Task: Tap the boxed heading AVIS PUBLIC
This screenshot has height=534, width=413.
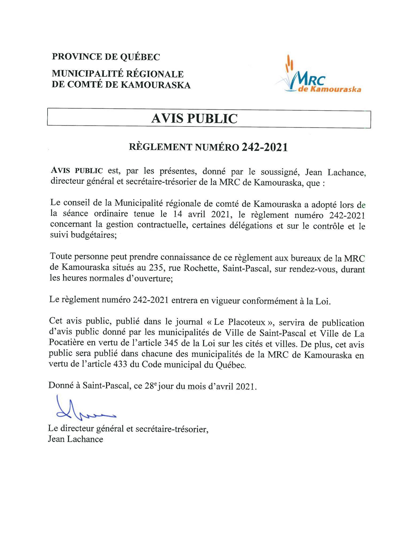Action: [x=194, y=118]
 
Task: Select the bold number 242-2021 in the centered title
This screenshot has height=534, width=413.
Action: [x=264, y=147]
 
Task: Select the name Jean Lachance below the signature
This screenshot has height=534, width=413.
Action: [x=75, y=439]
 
